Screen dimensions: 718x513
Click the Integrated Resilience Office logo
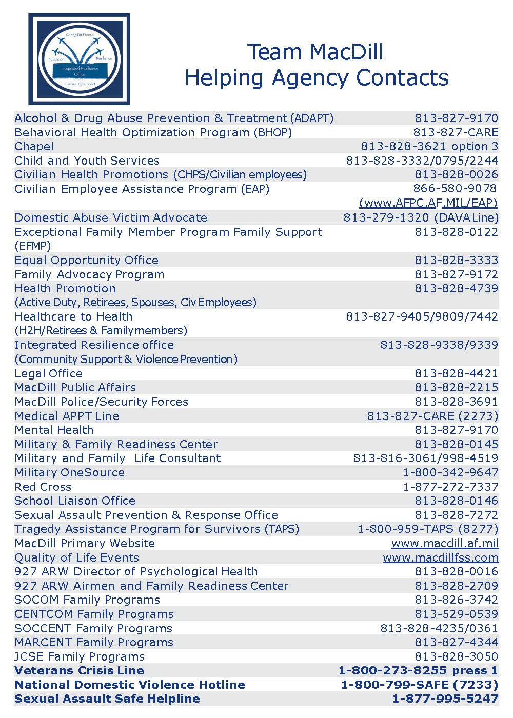point(79,59)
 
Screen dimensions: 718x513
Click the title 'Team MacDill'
point(315,52)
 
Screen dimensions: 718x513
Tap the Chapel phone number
point(429,147)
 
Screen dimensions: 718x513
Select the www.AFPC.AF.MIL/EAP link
point(428,203)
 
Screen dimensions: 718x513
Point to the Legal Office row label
point(49,374)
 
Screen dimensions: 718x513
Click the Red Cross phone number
point(450,487)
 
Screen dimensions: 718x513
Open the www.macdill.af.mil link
point(445,544)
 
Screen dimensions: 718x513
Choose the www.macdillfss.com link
point(441,558)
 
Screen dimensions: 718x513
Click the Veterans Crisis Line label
point(79,671)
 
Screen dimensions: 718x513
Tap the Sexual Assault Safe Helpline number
point(445,699)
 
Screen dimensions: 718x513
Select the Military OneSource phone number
point(450,473)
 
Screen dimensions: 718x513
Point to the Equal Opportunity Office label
point(86,261)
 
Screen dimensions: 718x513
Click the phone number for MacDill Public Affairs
point(456,388)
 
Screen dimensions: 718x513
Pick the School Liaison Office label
point(75,501)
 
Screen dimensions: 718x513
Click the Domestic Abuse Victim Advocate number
point(421,217)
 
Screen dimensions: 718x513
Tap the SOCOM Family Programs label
point(87,600)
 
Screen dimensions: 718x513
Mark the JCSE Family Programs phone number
point(456,657)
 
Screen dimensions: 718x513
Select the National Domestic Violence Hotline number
point(420,685)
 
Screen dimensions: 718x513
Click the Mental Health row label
point(54,430)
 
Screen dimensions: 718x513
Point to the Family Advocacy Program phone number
point(456,275)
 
